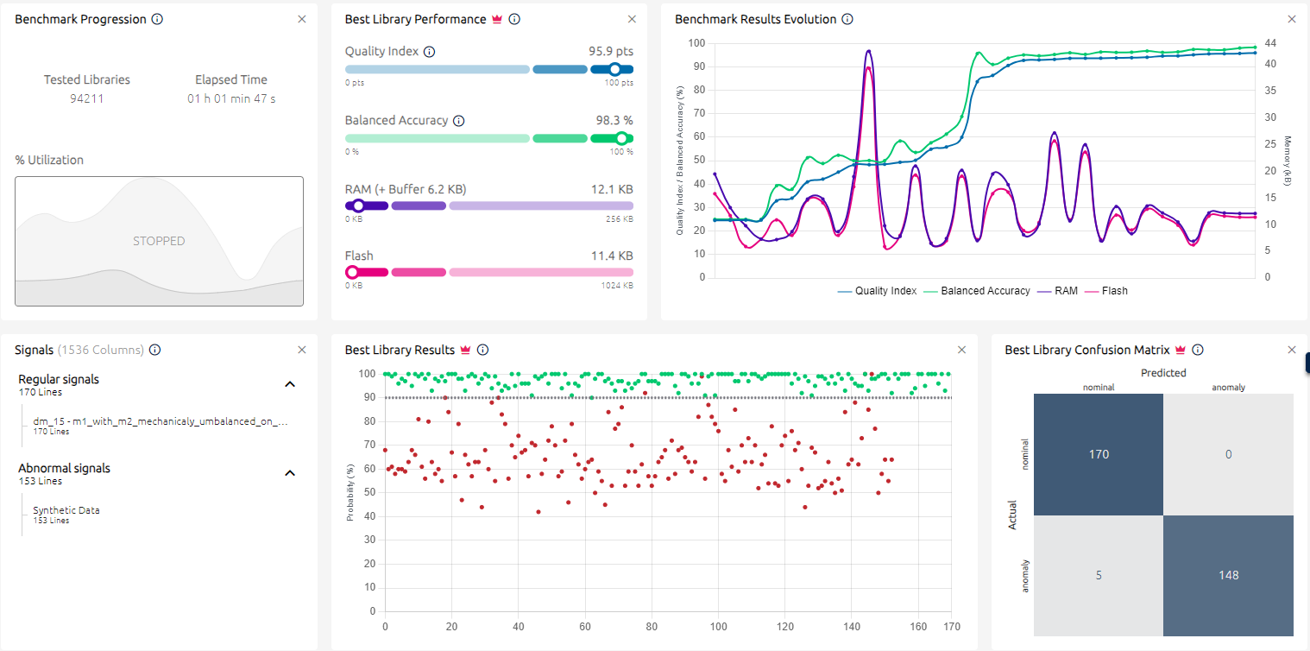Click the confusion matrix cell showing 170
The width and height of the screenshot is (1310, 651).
1099,454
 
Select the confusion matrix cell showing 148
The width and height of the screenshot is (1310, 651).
1228,575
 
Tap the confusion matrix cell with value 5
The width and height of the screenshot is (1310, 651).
1099,575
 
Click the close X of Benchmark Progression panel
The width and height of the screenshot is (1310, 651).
302,19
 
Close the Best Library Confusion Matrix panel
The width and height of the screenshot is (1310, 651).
1292,350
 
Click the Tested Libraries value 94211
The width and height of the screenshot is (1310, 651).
87,98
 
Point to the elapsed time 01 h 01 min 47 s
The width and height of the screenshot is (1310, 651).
232,98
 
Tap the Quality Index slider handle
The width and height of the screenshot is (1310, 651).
614,69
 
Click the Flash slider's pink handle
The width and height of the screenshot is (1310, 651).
352,272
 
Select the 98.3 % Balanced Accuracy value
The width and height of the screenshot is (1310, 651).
614,121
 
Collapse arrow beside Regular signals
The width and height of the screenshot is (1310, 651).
290,384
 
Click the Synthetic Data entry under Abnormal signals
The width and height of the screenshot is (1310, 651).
66,510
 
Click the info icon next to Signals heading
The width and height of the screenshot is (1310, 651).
154,350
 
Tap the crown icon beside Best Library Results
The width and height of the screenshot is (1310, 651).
465,350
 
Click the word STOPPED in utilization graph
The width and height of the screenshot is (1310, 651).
159,241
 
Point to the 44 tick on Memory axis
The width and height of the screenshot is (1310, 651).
1270,43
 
